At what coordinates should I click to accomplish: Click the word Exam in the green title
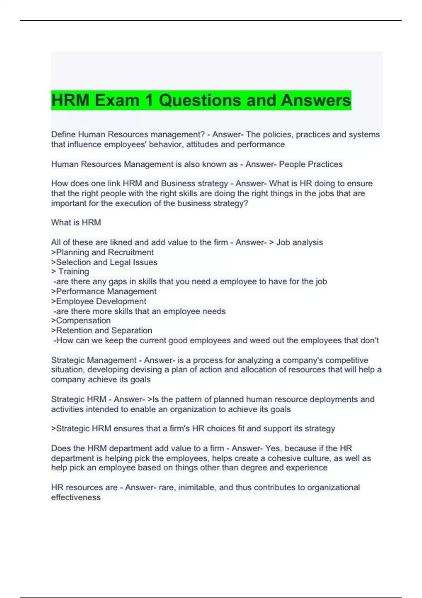coord(117,100)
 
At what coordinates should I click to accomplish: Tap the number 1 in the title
coord(149,100)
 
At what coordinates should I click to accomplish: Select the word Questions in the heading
coord(200,100)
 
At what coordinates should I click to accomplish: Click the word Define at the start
coord(63,134)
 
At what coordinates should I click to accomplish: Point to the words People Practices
coord(311,164)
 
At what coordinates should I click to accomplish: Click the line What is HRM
coord(76,222)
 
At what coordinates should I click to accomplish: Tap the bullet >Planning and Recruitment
coord(102,252)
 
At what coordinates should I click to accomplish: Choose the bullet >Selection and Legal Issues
coord(104,262)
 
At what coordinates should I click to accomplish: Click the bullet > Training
coord(70,272)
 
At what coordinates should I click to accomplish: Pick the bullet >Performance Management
coord(104,291)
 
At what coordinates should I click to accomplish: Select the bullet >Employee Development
coord(98,301)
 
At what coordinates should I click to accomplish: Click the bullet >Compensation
coord(81,320)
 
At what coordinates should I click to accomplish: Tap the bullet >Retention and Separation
coord(102,330)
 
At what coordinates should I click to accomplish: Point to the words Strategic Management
coord(94,360)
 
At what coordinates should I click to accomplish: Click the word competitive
coord(346,360)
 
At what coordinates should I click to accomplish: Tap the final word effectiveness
coord(76,497)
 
